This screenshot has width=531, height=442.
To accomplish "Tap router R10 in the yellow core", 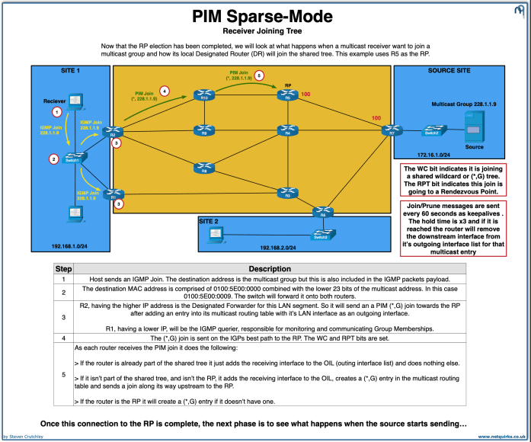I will (203, 97).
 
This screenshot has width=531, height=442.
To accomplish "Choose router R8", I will (203, 167).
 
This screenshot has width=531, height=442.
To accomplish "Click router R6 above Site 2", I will (325, 213).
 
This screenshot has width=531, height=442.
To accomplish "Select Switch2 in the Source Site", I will (432, 133).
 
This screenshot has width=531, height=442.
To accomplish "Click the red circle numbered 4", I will (165, 91).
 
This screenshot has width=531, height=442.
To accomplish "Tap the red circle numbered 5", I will (258, 76).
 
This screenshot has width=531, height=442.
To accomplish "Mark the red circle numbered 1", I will (56, 113).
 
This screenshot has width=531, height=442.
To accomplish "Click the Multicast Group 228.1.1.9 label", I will (463, 102).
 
